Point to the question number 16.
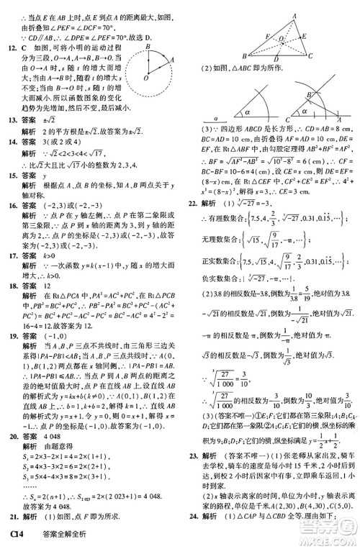(x=11, y=205)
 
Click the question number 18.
(x=11, y=284)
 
